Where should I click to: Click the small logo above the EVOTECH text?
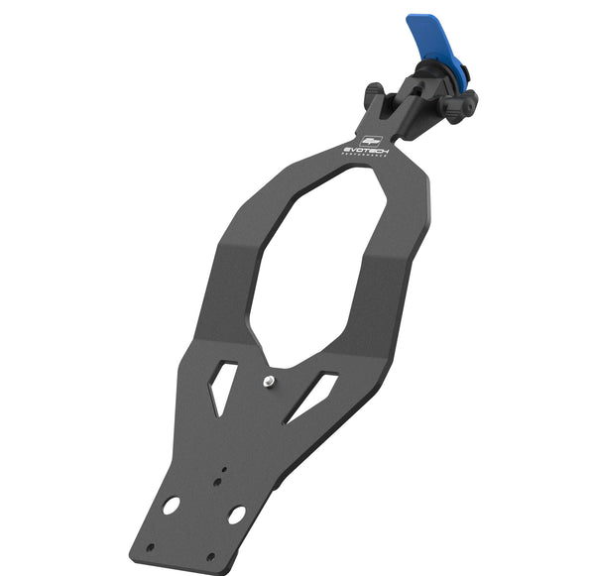pos(371,139)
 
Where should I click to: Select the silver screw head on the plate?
pos(269,380)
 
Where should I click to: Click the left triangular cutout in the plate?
pos(222,386)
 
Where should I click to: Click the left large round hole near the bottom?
pos(172,505)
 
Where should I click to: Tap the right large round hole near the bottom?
pos(236,516)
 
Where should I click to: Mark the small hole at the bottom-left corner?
pos(150,545)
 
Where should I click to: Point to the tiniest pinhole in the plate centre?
pos(224,470)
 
